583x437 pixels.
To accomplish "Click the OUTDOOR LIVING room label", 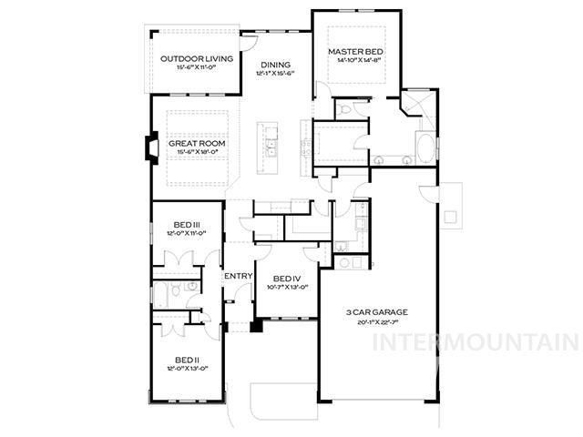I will [197, 59].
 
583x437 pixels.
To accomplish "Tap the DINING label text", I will [276, 65].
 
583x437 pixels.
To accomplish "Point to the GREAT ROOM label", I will [197, 144].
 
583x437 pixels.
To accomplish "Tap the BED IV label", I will [286, 279].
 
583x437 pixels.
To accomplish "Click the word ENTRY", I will [239, 276].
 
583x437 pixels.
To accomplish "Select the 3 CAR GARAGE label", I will [376, 312].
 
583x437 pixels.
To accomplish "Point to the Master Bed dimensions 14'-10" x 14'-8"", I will [354, 62].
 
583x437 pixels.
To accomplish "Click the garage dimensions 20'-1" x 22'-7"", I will [376, 321].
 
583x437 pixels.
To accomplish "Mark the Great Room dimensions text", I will [197, 153].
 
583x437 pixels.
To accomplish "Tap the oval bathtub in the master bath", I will [424, 147].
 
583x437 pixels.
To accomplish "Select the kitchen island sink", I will [271, 148].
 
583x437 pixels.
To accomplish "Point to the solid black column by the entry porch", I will [257, 324].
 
